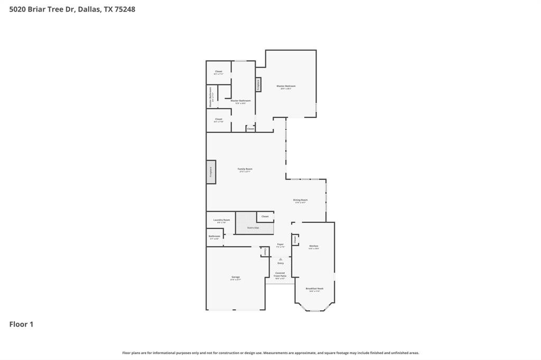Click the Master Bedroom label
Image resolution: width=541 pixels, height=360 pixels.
pyautogui.click(x=286, y=86)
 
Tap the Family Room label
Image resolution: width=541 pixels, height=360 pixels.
pyautogui.click(x=245, y=169)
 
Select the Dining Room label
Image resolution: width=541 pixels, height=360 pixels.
pyautogui.click(x=300, y=200)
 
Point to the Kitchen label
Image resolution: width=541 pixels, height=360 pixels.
pyautogui.click(x=313, y=246)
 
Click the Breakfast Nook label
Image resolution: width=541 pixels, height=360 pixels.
pyautogui.click(x=314, y=289)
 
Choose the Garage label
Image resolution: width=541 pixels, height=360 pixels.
pyautogui.click(x=235, y=277)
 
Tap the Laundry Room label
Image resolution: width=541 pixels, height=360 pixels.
pyautogui.click(x=221, y=220)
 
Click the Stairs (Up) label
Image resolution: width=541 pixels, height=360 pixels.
pyautogui.click(x=253, y=228)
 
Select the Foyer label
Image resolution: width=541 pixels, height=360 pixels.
pyautogui.click(x=280, y=244)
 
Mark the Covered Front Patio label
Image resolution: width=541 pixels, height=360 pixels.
pyautogui.click(x=279, y=274)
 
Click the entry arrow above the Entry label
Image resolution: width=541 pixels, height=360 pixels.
pyautogui.click(x=280, y=259)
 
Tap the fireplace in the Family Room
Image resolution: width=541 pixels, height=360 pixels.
pyautogui.click(x=211, y=172)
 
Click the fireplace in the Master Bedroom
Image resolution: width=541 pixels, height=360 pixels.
pyautogui.click(x=258, y=84)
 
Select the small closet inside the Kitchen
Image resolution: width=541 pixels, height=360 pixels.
pyautogui.click(x=295, y=240)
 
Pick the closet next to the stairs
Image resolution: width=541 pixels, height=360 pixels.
pyautogui.click(x=265, y=216)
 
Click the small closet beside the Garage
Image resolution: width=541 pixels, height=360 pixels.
pyautogui.click(x=265, y=252)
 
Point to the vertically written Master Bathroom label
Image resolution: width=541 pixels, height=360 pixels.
pyautogui.click(x=210, y=97)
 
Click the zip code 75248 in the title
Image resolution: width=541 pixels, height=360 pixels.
pyautogui.click(x=125, y=9)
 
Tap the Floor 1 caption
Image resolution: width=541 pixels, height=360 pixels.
pyautogui.click(x=21, y=324)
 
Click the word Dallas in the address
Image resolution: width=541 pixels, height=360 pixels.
pyautogui.click(x=89, y=9)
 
